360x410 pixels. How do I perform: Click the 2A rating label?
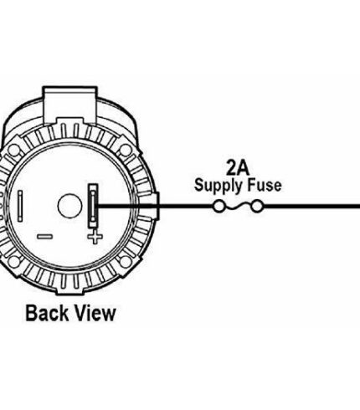[238, 168]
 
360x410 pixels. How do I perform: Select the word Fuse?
[265, 186]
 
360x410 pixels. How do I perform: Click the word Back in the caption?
[47, 313]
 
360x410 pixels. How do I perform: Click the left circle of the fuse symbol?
[219, 207]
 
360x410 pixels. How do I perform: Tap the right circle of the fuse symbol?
[256, 207]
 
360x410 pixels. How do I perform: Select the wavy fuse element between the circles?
[238, 207]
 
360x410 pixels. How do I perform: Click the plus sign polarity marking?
[95, 238]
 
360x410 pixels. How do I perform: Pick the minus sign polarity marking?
[44, 237]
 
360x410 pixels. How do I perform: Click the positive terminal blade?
[93, 205]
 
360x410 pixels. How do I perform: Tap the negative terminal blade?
[20, 206]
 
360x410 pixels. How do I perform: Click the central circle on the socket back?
[69, 206]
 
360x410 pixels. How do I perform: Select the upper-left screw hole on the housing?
[13, 151]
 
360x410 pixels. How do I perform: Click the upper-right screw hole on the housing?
[126, 151]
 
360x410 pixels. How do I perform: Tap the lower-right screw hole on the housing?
[126, 262]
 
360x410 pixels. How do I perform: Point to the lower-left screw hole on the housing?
[13, 262]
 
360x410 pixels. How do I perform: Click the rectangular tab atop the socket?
[70, 105]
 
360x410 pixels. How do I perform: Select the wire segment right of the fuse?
[311, 207]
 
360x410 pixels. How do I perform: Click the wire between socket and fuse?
[155, 207]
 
